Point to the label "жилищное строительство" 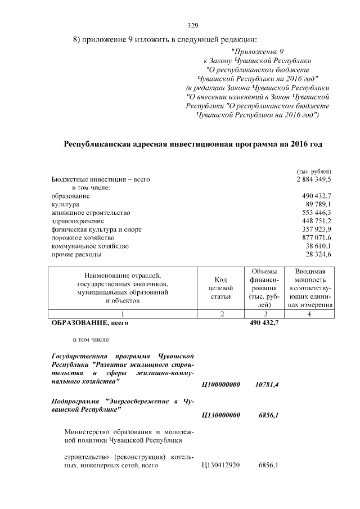[91, 213]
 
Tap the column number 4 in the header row [308, 313]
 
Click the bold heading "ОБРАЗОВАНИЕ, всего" [90, 323]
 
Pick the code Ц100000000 [220, 384]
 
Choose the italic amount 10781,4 [267, 384]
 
